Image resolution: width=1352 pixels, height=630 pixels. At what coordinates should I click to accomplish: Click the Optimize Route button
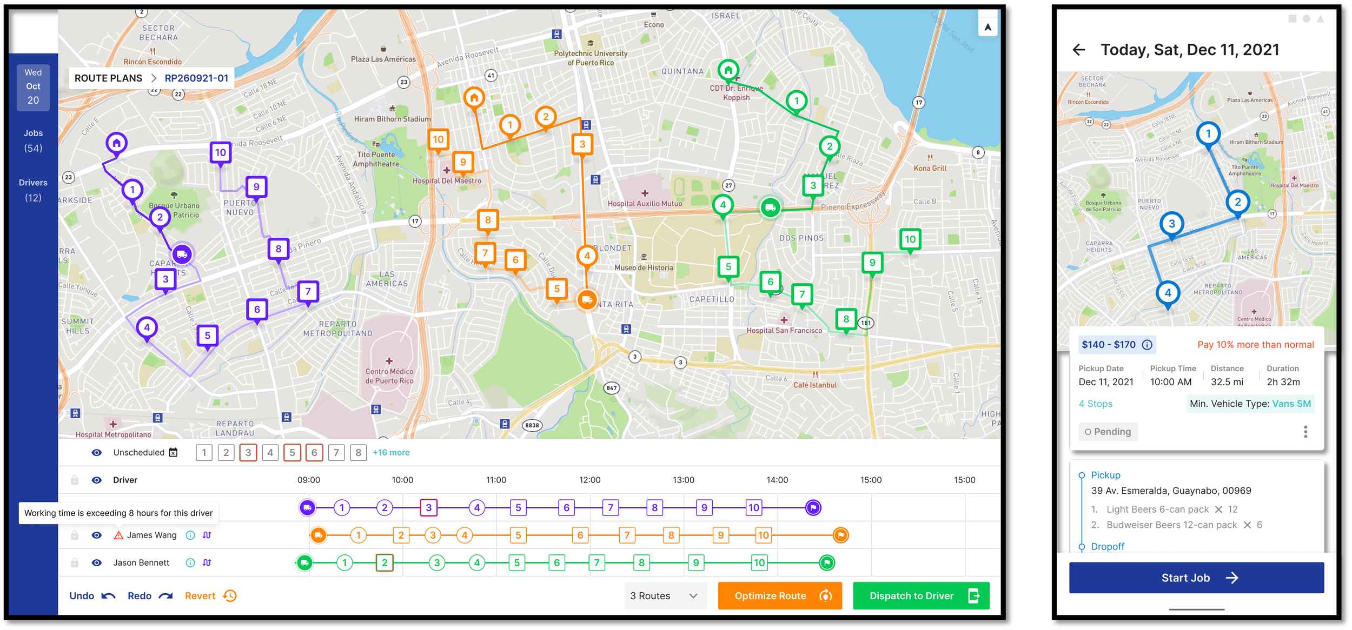coord(779,595)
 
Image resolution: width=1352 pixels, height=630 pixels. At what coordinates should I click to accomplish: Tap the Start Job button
coord(1196,578)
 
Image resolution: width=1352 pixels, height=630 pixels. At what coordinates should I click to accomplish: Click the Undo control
coord(92,595)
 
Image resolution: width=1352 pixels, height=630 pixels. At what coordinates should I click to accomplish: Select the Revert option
coord(210,595)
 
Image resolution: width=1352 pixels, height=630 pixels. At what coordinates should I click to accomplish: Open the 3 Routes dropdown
coord(665,595)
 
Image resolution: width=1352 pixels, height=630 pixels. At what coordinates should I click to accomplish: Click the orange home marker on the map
coord(474,98)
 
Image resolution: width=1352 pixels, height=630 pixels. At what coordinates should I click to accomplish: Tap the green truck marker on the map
coord(770,207)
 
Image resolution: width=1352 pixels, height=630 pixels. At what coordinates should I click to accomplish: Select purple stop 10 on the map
coord(220,153)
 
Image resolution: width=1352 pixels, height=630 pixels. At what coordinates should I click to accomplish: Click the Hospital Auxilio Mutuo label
coord(645,204)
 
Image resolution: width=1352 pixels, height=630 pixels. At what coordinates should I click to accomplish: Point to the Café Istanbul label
coord(814,385)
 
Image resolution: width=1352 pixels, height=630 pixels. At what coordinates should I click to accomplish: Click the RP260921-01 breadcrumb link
coord(196,78)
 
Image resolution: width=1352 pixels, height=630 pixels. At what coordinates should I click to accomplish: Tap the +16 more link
coord(391,452)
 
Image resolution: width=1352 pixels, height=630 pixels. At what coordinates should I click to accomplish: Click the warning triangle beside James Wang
coord(118,535)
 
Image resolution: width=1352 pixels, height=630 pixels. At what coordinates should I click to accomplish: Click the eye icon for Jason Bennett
coord(97,562)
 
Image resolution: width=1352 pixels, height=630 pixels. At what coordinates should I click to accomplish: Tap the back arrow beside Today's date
coord(1078,50)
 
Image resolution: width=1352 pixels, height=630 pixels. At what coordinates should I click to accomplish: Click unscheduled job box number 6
coord(314,452)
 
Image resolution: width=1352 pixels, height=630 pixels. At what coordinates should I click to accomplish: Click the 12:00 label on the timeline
coord(589,480)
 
